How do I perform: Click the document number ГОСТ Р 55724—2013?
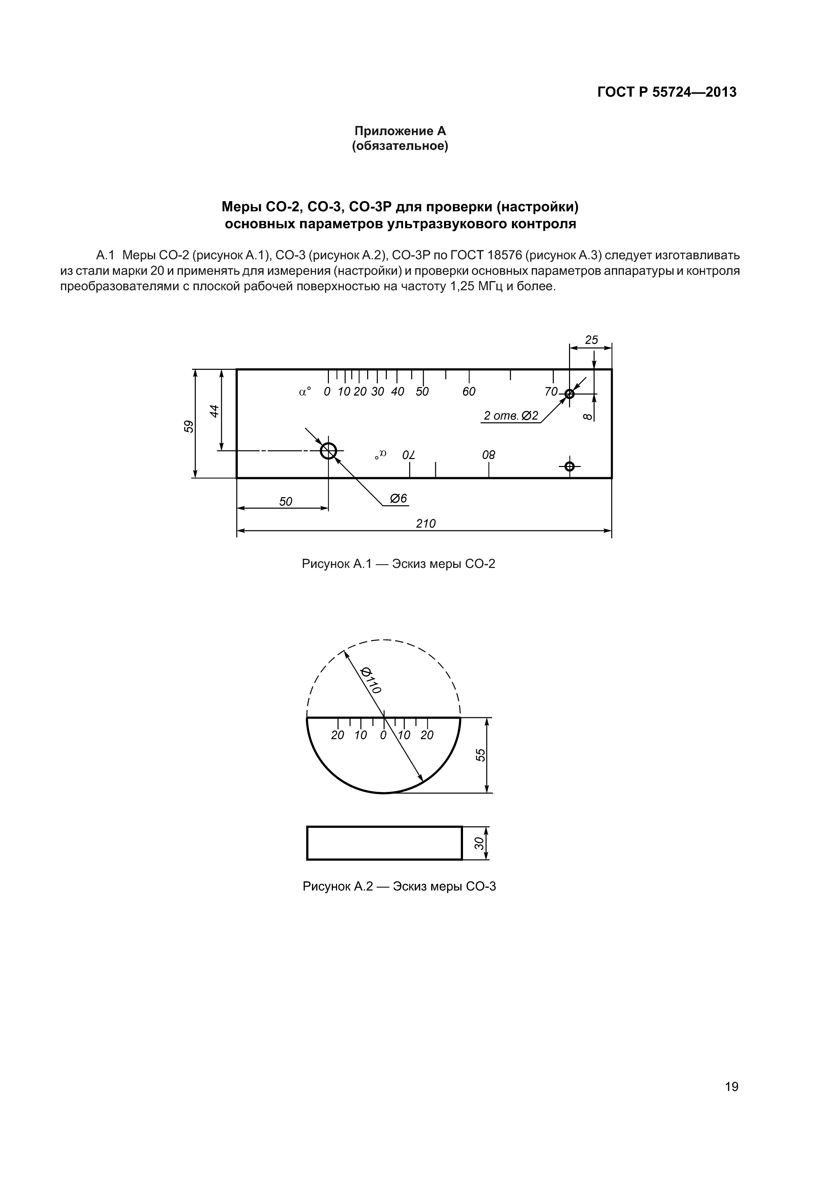pyautogui.click(x=667, y=92)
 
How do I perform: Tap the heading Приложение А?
pyautogui.click(x=400, y=131)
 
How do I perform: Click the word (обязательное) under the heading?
pyautogui.click(x=400, y=146)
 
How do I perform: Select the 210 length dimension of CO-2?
pyautogui.click(x=426, y=524)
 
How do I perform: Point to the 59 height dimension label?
pyautogui.click(x=189, y=426)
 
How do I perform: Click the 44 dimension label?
pyautogui.click(x=214, y=411)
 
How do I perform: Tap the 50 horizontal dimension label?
pyautogui.click(x=286, y=502)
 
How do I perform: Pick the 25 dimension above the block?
pyautogui.click(x=591, y=340)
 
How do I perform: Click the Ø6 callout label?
pyautogui.click(x=399, y=498)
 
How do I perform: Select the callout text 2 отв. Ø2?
pyautogui.click(x=511, y=416)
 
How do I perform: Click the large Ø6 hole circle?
pyautogui.click(x=328, y=451)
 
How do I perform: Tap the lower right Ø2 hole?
pyautogui.click(x=569, y=467)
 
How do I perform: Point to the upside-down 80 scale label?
pyautogui.click(x=488, y=455)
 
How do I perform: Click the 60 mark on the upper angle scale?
pyautogui.click(x=469, y=392)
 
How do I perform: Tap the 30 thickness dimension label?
pyautogui.click(x=479, y=843)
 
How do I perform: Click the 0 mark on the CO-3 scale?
pyautogui.click(x=383, y=735)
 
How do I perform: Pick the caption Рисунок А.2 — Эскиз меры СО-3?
pyautogui.click(x=399, y=886)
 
